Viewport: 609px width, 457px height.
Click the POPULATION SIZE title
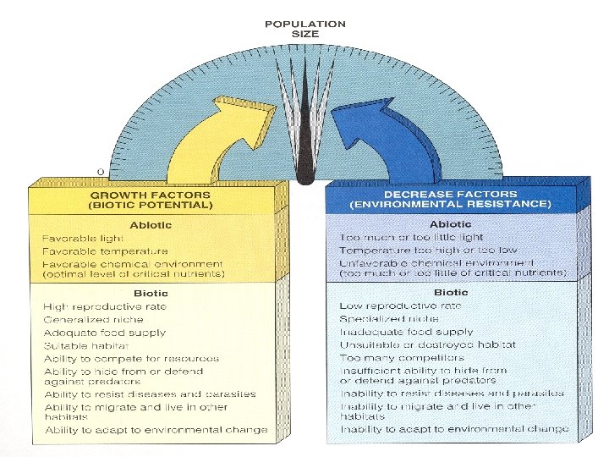(x=304, y=30)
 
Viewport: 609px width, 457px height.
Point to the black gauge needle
(x=305, y=127)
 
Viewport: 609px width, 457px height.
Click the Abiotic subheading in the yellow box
(x=151, y=225)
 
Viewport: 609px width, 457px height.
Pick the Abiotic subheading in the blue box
(x=451, y=224)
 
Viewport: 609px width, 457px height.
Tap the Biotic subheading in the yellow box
(x=150, y=293)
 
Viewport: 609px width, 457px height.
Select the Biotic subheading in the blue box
(x=450, y=292)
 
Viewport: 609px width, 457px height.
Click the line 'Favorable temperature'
(x=105, y=251)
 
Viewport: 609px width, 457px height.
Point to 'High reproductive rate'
(x=106, y=306)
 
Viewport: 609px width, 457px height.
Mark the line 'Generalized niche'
(x=94, y=320)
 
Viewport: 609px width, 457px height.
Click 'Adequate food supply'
(x=105, y=333)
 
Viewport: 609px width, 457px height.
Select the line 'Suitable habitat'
(x=86, y=346)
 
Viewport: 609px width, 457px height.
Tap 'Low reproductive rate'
(x=400, y=306)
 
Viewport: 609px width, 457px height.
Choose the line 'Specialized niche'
(x=388, y=319)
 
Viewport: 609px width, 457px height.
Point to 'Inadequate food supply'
(x=406, y=332)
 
